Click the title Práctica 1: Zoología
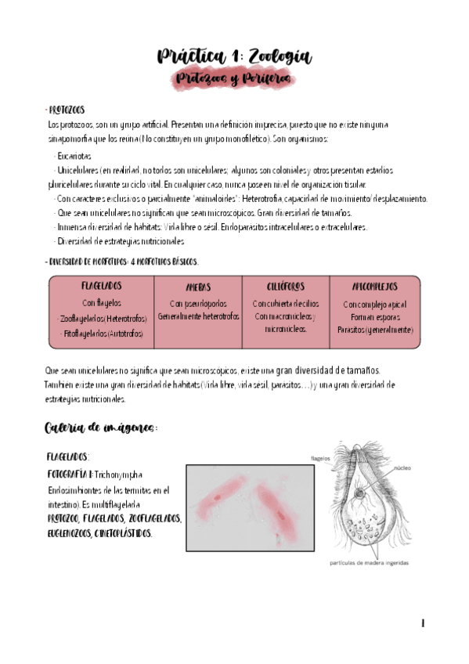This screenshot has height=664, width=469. pos(234,56)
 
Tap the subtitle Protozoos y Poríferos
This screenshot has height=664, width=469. pos(233,79)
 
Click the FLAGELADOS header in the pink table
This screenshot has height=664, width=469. pos(101,287)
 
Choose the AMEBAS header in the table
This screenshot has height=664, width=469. pos(198,287)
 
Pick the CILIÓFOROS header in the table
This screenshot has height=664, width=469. pos(285,287)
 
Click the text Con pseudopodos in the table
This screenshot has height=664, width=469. pos(198,303)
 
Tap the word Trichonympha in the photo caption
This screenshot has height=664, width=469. pos(121,475)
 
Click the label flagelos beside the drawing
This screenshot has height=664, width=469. pos(319,459)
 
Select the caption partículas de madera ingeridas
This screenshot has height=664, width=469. pos(368,562)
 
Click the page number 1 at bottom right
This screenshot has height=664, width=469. pos(423,623)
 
